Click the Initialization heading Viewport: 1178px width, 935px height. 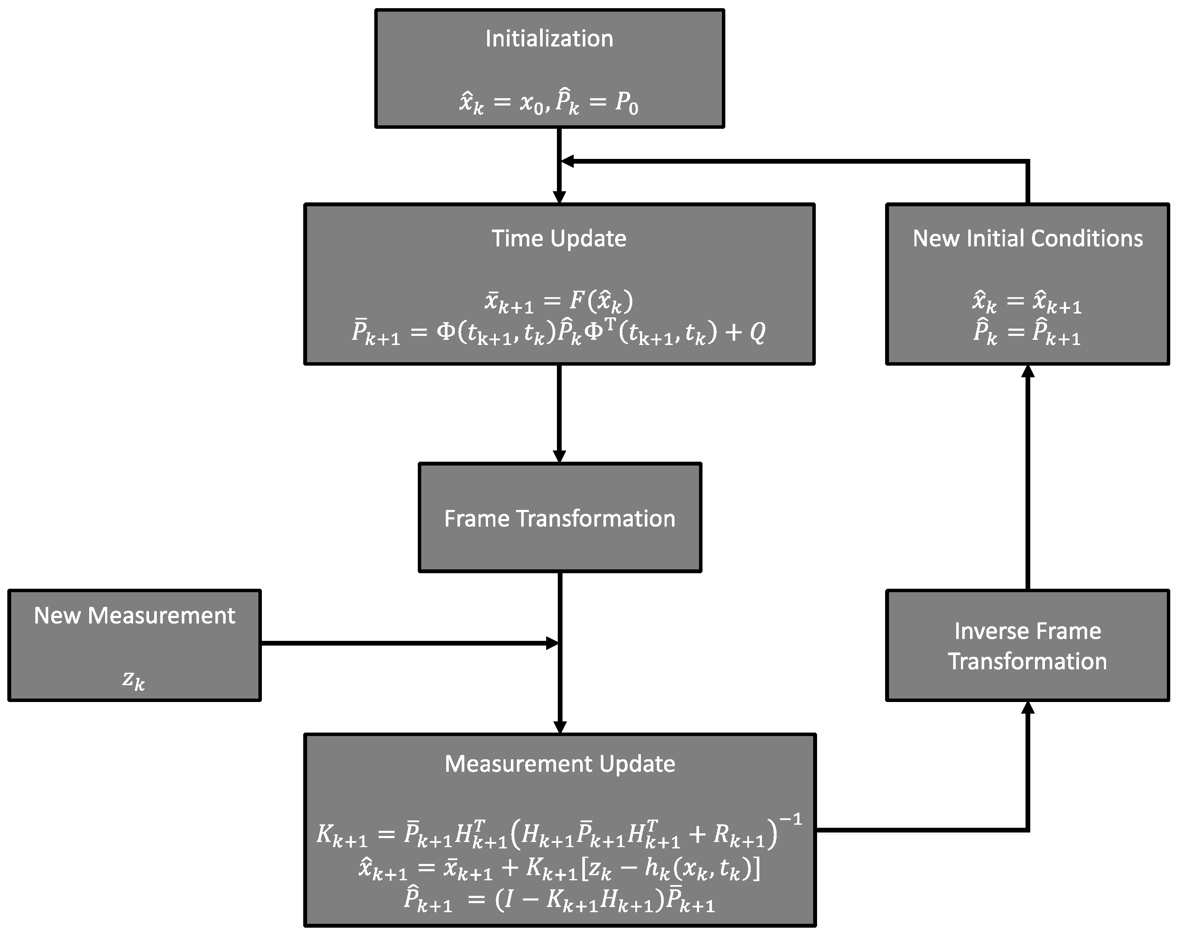pyautogui.click(x=549, y=39)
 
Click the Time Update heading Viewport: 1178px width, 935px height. pyautogui.click(x=559, y=239)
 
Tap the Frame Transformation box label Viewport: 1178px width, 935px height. pyautogui.click(x=559, y=519)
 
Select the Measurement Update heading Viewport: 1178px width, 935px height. pyautogui.click(x=559, y=764)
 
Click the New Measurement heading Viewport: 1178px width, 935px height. pyautogui.click(x=134, y=616)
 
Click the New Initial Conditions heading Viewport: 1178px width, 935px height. pyautogui.click(x=1028, y=239)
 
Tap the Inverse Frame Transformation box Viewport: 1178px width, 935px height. pyautogui.click(x=1027, y=646)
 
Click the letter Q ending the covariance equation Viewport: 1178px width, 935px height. pyautogui.click(x=757, y=332)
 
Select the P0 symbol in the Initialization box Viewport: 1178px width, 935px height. pyautogui.click(x=626, y=103)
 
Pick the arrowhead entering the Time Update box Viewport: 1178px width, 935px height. pyautogui.click(x=559, y=197)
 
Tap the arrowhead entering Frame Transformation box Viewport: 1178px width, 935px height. pyautogui.click(x=559, y=456)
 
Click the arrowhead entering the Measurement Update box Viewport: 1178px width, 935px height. pyautogui.click(x=560, y=727)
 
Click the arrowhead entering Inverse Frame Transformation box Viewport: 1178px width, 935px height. pyautogui.click(x=1028, y=708)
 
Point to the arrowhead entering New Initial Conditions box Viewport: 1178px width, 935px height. pyautogui.click(x=1028, y=372)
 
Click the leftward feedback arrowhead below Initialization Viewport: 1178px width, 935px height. pyautogui.click(x=568, y=161)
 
